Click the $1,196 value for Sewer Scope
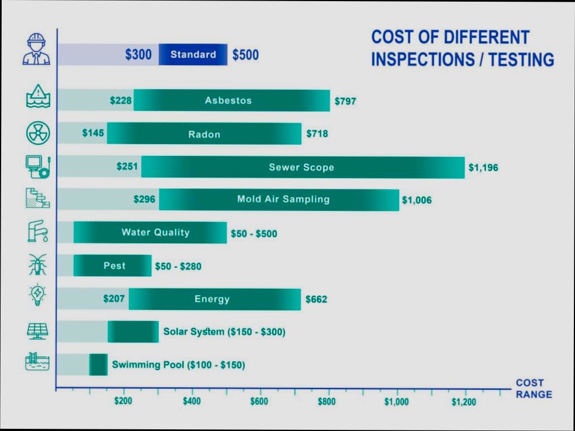click(483, 167)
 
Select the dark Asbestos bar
click(231, 101)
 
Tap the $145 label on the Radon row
click(93, 133)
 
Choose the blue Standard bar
click(193, 55)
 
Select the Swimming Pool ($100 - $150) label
click(178, 365)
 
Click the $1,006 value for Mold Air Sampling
click(416, 200)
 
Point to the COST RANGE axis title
click(533, 389)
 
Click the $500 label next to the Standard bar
click(245, 55)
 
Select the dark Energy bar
click(214, 299)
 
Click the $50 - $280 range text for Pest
click(178, 267)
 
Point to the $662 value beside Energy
click(316, 300)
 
